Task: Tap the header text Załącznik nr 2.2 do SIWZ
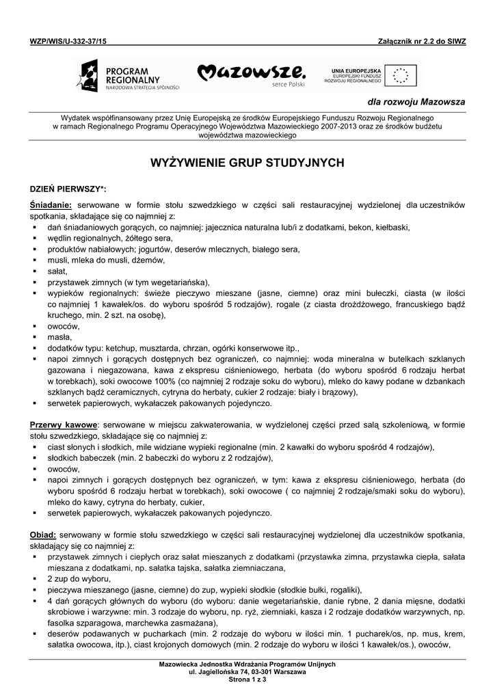click(421, 41)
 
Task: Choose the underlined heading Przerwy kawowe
click(65, 425)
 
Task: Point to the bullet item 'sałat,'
click(57, 271)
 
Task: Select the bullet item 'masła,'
click(59, 336)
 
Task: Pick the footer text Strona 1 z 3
click(247, 679)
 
